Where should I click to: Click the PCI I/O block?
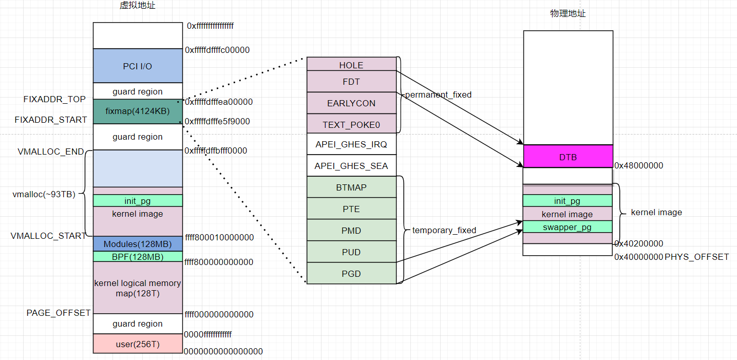(138, 66)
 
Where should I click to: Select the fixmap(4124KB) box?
(138, 111)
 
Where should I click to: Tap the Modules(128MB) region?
(138, 244)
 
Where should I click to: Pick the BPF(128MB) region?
(138, 256)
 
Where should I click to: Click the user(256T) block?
(138, 344)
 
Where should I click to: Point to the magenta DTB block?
(568, 157)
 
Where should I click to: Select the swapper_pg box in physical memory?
(568, 227)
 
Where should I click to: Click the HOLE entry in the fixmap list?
(351, 65)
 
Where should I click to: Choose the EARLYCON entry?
(351, 103)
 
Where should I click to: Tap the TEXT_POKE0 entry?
(351, 125)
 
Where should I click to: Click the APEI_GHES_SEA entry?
(351, 166)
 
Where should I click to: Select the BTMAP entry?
(351, 187)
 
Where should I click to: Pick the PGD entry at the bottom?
(351, 274)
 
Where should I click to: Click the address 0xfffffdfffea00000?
(219, 102)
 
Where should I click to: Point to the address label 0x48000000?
(638, 165)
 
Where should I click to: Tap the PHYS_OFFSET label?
(696, 256)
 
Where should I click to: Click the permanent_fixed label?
(438, 94)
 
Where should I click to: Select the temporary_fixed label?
(444, 231)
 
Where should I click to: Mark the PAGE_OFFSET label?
(59, 313)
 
